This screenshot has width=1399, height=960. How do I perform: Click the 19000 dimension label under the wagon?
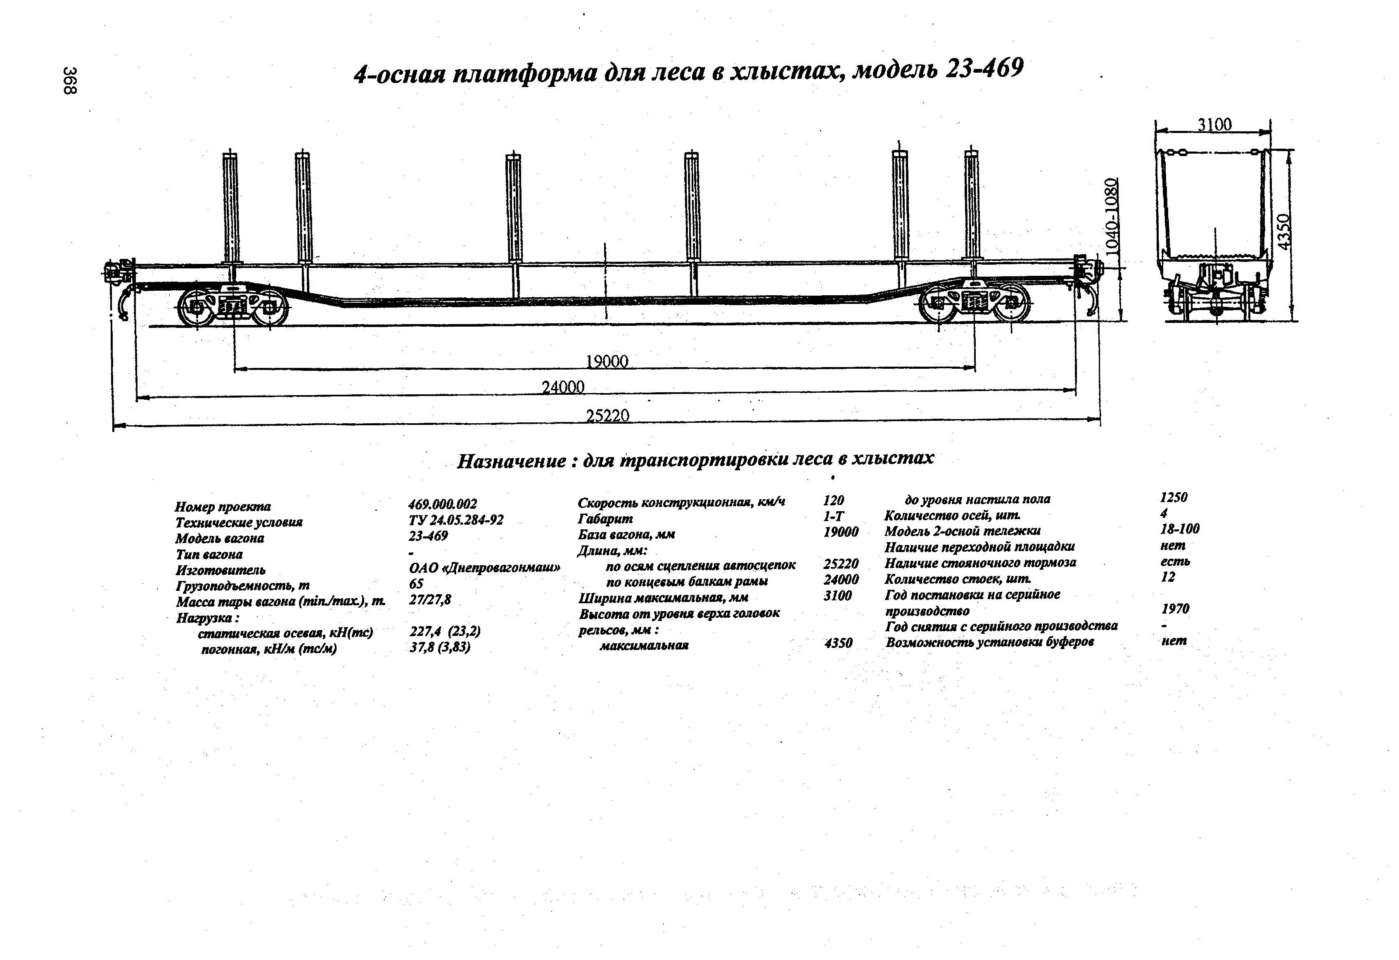607,361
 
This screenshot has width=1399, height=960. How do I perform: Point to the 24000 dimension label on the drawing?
563,387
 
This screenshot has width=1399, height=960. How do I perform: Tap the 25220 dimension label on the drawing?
608,416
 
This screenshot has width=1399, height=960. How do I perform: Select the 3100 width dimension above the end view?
1214,125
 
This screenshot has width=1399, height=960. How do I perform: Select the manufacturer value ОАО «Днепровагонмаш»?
485,568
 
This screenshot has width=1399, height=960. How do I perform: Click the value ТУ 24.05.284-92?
456,520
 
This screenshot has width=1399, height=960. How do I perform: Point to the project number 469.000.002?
443,505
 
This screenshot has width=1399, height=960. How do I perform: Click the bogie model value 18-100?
1179,529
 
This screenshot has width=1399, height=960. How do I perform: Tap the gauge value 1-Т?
834,517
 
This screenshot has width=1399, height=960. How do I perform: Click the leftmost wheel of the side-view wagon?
196,308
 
